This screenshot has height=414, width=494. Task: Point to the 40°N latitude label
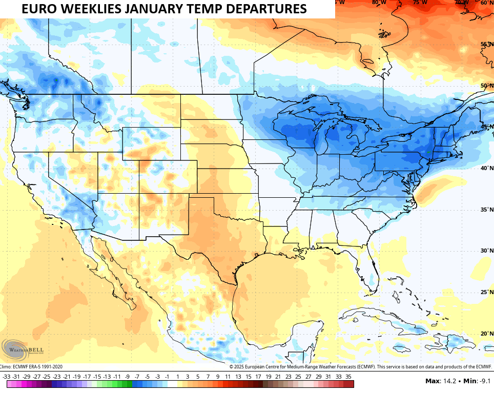point(487,168)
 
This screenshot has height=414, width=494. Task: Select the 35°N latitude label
point(487,210)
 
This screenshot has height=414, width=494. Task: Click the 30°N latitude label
point(487,251)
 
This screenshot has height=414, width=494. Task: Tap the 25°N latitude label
point(487,292)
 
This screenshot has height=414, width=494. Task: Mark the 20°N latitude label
point(487,334)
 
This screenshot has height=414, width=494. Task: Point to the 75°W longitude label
point(420,2)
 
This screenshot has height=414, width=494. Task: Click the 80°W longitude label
point(379,2)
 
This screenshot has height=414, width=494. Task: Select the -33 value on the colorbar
point(7,377)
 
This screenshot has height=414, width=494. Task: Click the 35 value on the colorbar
point(348,377)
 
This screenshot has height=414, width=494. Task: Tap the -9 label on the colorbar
point(127,377)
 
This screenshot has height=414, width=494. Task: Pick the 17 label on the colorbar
point(258,377)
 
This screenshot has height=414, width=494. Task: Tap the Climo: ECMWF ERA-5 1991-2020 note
point(31,366)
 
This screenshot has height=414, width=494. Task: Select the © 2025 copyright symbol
point(231,366)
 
